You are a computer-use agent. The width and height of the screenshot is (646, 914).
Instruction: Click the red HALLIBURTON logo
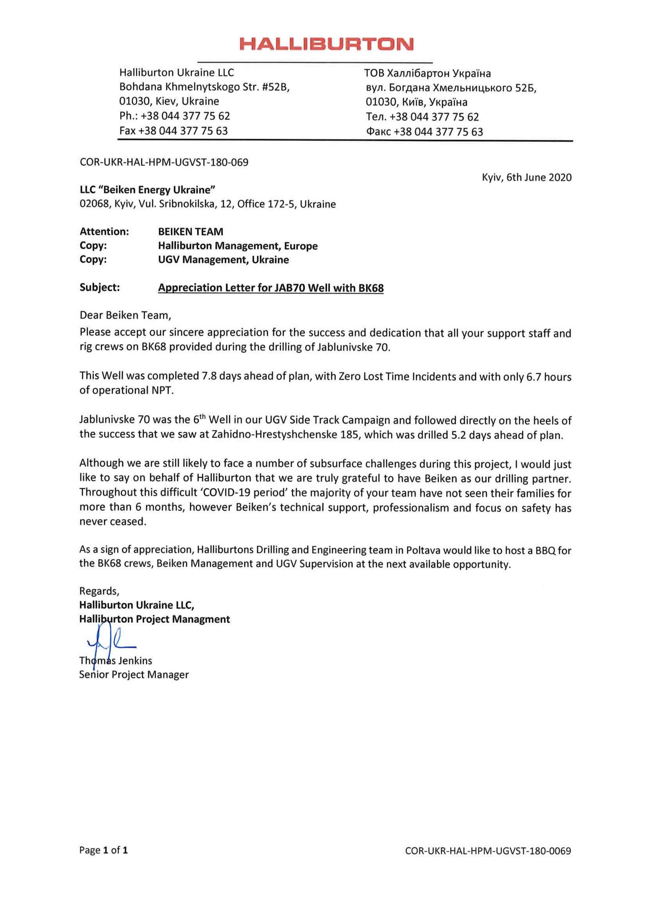[x=326, y=44]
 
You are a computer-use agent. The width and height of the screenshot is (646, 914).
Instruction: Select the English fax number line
[x=174, y=131]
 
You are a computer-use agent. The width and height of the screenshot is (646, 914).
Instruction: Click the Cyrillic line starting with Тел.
[x=422, y=117]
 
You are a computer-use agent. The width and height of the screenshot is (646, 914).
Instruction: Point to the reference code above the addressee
[x=164, y=162]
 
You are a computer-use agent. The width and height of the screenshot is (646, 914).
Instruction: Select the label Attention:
[x=104, y=231]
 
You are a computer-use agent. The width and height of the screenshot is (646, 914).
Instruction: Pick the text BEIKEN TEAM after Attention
[x=191, y=232]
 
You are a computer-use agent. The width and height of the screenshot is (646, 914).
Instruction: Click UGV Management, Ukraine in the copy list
[x=223, y=260]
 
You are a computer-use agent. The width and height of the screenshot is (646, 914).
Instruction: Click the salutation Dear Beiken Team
[x=125, y=315]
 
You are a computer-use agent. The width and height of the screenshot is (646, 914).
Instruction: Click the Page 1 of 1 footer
[x=104, y=850]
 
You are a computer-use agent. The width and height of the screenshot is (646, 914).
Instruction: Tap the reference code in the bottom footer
[x=488, y=851]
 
